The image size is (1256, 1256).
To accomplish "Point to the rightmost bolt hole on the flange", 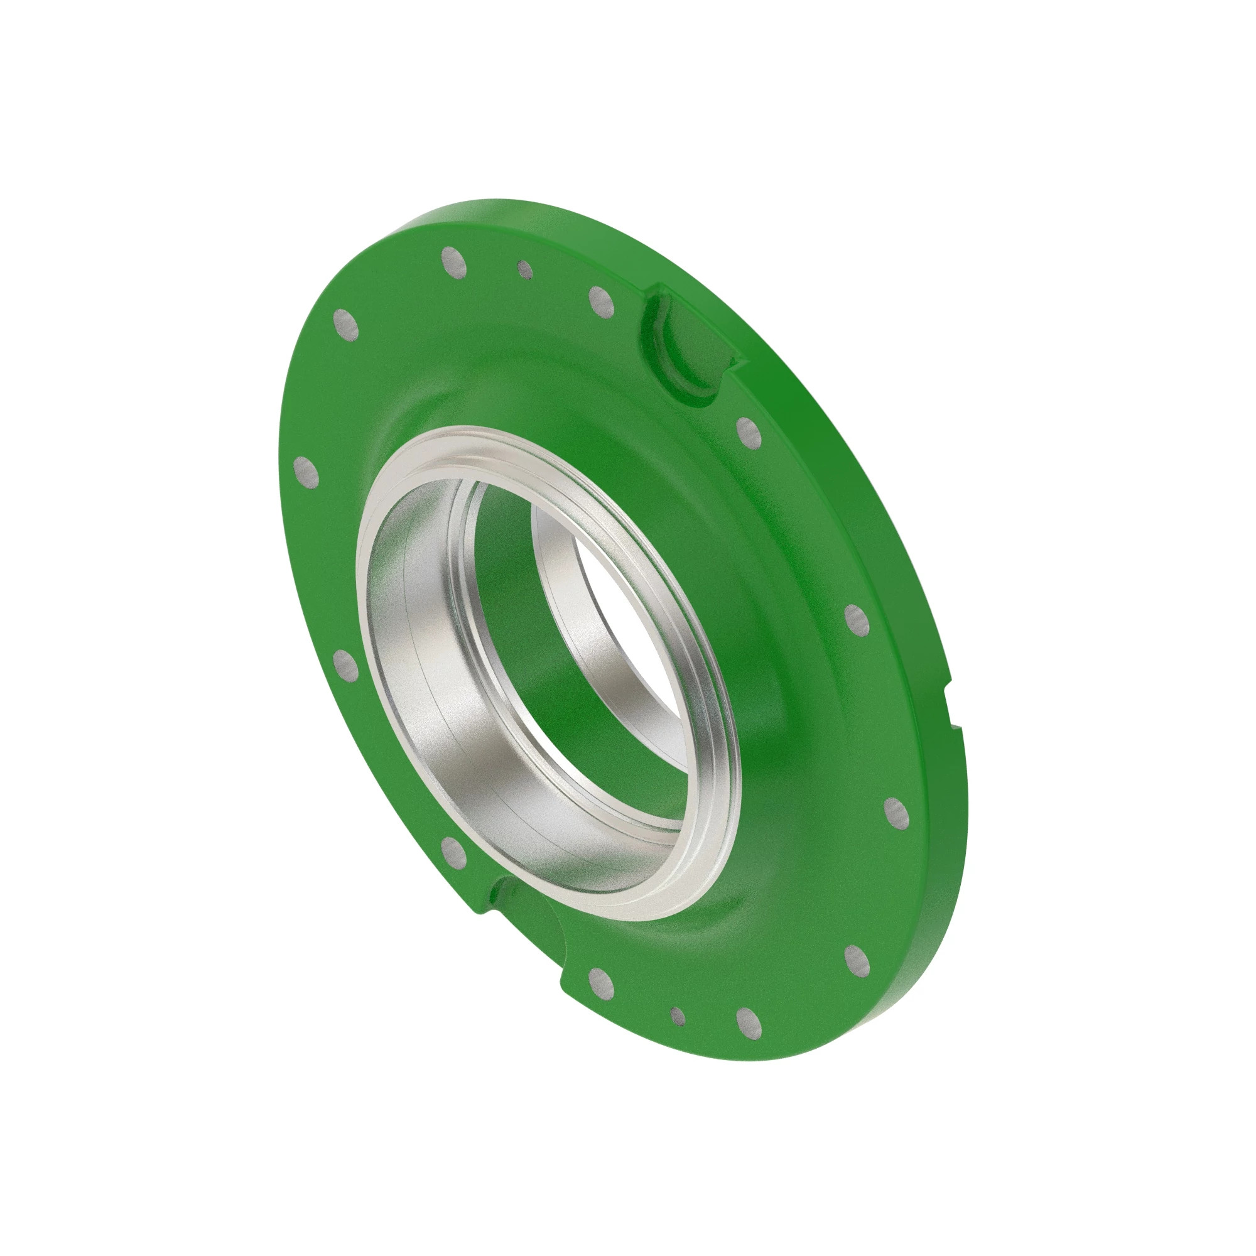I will [897, 813].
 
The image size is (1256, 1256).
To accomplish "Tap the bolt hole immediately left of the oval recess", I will [602, 301].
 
